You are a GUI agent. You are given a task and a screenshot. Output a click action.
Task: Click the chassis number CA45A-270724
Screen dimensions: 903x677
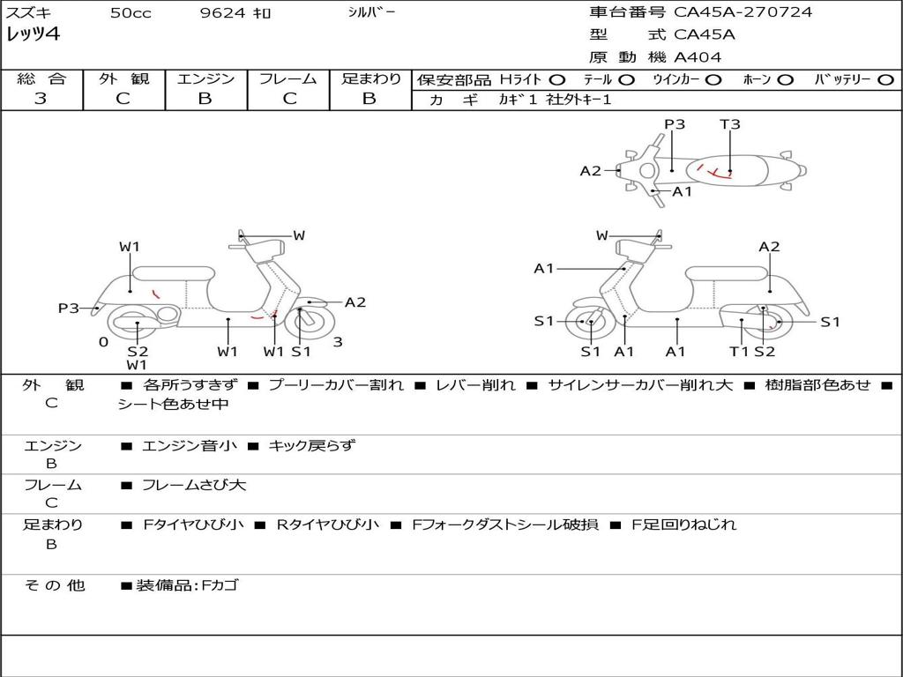coord(743,12)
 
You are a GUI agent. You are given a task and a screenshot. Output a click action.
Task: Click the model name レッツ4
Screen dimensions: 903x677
coord(34,35)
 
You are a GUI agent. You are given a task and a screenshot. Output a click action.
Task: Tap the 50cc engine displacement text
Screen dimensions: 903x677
coord(131,13)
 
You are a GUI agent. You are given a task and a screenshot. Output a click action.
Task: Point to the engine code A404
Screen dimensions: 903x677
coord(698,57)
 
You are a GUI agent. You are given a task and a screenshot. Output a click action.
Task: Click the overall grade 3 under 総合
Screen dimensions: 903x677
coord(41,99)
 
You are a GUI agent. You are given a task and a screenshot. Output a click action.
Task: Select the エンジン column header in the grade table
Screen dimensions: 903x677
coord(205,78)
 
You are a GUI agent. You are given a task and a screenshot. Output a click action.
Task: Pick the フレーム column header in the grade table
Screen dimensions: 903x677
coord(287,78)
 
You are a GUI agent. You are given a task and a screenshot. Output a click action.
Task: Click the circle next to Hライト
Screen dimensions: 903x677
coord(557,79)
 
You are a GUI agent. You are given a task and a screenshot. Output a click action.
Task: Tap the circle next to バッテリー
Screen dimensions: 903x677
coord(886,79)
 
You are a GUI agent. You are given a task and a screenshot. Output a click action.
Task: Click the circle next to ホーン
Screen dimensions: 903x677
coord(785,79)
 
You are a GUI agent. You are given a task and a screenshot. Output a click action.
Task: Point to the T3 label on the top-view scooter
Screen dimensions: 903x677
coord(730,124)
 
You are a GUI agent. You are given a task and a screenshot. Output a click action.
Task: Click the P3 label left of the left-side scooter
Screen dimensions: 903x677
coord(69,308)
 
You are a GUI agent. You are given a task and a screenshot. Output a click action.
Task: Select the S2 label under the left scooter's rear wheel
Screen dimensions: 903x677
coord(138,352)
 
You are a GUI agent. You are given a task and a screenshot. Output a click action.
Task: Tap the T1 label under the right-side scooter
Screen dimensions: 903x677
coord(739,352)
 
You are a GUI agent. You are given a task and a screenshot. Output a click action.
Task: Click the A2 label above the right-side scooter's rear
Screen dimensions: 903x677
coord(769,247)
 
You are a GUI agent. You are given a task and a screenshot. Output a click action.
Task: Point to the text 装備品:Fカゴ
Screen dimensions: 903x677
coord(186,585)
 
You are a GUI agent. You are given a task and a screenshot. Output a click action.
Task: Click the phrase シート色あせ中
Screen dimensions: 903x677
coord(173,405)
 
